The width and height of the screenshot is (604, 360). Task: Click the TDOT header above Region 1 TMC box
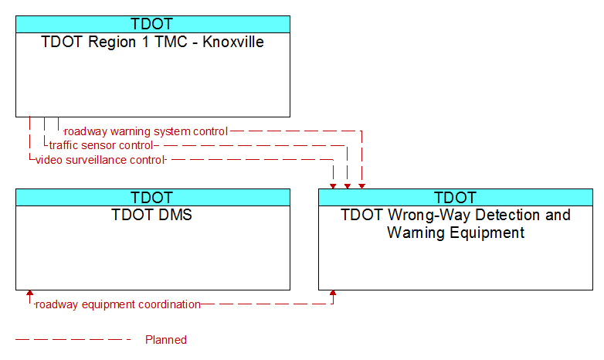tap(152, 24)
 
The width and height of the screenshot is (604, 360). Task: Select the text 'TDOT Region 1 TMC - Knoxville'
tap(152, 42)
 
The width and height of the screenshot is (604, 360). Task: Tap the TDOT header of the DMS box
tap(152, 197)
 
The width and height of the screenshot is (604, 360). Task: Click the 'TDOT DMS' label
tap(151, 215)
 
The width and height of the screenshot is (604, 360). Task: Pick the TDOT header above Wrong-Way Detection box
tap(455, 197)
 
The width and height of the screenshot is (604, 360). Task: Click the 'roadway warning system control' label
tap(146, 131)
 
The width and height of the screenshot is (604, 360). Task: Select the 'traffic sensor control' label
tap(101, 145)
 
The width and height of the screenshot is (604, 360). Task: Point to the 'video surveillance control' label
tap(100, 160)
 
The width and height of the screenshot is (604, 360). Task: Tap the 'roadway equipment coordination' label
tap(118, 304)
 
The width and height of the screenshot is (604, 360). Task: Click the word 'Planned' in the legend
tap(166, 340)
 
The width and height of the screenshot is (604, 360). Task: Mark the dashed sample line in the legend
tap(73, 340)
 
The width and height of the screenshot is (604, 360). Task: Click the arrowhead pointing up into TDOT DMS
tap(29, 293)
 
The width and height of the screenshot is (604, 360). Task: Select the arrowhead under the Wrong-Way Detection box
tap(333, 293)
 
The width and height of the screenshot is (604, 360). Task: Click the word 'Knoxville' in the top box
tap(233, 42)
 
